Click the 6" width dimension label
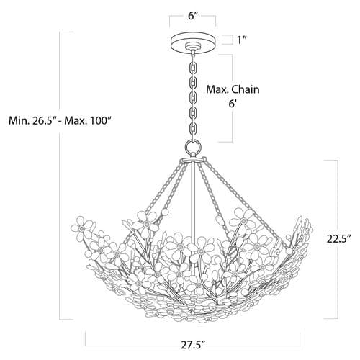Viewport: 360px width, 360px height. click(193, 16)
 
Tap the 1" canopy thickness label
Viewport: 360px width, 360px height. click(242, 40)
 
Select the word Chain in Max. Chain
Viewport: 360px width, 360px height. click(246, 89)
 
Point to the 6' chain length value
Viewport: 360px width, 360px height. click(233, 104)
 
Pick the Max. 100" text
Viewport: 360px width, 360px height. click(89, 120)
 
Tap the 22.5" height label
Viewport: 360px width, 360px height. click(339, 239)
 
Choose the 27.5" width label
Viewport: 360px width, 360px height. click(193, 346)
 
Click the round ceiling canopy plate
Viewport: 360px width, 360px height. click(193, 42)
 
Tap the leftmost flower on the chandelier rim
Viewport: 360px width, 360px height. click(81, 228)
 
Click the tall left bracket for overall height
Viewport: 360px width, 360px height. click(60, 176)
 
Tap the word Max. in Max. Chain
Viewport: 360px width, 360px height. click(217, 89)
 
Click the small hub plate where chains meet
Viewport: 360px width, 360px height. click(193, 160)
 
